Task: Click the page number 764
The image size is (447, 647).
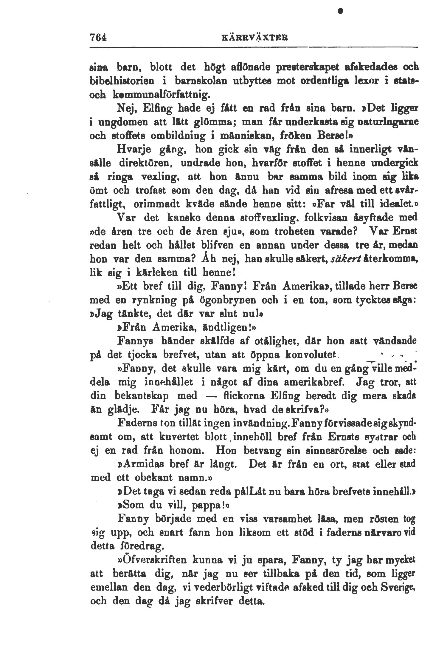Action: click(x=98, y=38)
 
